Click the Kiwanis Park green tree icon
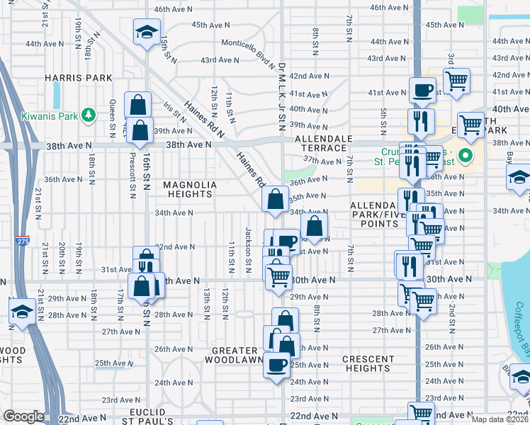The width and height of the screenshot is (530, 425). click(88, 114)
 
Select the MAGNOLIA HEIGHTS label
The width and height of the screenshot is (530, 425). click(190, 189)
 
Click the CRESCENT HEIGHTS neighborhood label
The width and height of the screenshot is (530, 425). click(368, 363)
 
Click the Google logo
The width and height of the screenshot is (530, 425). click(23, 416)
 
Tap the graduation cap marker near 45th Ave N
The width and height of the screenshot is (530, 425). click(147, 32)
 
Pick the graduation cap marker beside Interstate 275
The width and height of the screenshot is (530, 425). click(23, 312)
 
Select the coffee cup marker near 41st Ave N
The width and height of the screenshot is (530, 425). click(423, 91)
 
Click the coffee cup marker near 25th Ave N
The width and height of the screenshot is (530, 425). click(277, 365)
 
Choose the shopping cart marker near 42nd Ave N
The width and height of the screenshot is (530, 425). click(457, 81)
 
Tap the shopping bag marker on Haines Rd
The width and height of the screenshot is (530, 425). click(275, 199)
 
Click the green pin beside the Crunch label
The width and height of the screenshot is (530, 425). click(466, 155)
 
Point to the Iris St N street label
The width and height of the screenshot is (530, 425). click(174, 114)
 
